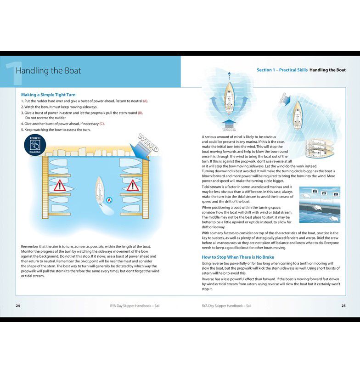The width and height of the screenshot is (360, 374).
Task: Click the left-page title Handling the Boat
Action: (x=48, y=71)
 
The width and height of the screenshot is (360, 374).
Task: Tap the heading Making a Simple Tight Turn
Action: (x=48, y=95)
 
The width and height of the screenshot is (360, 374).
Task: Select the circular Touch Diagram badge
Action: (x=35, y=144)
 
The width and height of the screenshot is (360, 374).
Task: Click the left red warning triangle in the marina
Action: (x=60, y=186)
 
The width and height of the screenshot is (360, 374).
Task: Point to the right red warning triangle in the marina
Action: (x=133, y=186)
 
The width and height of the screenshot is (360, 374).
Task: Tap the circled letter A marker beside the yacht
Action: (x=109, y=200)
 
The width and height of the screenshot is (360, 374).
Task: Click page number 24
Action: (x=18, y=306)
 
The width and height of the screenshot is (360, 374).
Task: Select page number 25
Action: (x=343, y=306)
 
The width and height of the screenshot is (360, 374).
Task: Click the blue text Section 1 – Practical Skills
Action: (x=282, y=70)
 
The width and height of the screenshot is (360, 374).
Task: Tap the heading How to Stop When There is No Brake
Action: (x=238, y=257)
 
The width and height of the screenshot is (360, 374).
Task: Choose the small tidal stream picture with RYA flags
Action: (x=320, y=204)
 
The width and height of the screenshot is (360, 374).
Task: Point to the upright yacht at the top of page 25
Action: (x=229, y=96)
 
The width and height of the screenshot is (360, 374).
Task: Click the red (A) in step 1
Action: (x=145, y=101)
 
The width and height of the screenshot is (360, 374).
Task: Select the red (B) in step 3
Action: (x=140, y=113)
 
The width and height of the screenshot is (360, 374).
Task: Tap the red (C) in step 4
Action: (x=102, y=124)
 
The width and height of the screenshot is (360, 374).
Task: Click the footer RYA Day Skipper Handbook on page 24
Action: (x=132, y=306)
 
